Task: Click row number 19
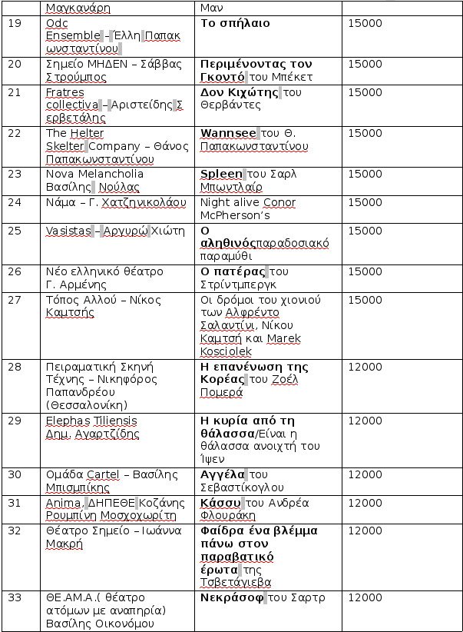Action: (x=15, y=24)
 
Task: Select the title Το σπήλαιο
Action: (x=235, y=24)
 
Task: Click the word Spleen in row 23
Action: (x=221, y=174)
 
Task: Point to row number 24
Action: (x=15, y=203)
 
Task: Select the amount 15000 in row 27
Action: (x=365, y=300)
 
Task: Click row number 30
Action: (x=15, y=474)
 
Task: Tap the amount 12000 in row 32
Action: (x=365, y=531)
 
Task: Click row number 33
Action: (x=15, y=597)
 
